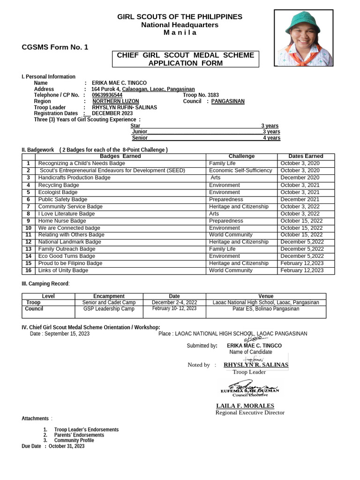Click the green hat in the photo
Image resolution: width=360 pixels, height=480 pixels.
(x=304, y=21)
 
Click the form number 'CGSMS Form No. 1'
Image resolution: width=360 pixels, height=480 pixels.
(x=55, y=47)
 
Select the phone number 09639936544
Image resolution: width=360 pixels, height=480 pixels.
(x=107, y=95)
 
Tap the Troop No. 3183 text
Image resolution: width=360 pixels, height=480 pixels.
(x=201, y=95)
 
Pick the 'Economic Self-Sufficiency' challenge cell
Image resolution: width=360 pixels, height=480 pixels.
(x=240, y=171)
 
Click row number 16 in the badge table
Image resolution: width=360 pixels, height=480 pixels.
(x=29, y=270)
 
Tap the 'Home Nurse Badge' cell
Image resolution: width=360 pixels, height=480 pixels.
(x=62, y=221)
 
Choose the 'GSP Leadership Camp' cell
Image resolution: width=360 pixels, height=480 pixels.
(x=109, y=309)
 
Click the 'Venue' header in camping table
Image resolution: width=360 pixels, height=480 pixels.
(x=266, y=296)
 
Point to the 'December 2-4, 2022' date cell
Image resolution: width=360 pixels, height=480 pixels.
(x=174, y=303)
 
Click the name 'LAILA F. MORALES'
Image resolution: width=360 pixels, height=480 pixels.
(x=245, y=405)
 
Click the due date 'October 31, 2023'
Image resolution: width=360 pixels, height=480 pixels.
(x=67, y=446)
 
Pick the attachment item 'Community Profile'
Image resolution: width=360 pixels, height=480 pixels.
(x=74, y=441)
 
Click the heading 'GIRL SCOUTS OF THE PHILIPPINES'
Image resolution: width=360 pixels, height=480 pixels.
(x=180, y=17)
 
